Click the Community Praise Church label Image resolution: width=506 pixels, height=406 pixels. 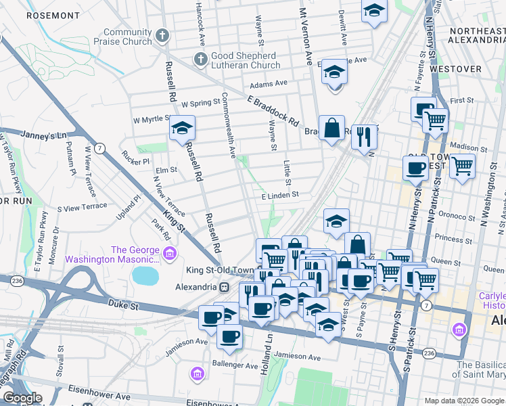(x=127, y=37)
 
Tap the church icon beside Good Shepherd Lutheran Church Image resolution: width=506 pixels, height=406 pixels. (x=200, y=60)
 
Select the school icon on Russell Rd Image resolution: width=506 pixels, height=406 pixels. (x=181, y=129)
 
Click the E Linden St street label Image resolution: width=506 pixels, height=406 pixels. (x=280, y=195)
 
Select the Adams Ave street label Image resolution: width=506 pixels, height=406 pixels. (x=269, y=85)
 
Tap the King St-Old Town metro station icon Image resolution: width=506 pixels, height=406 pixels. (x=224, y=287)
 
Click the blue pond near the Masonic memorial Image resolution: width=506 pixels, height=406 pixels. (x=143, y=275)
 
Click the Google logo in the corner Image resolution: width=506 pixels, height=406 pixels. (x=22, y=398)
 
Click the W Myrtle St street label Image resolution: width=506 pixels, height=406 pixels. (x=152, y=119)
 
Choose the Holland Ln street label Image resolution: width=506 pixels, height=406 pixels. (x=269, y=343)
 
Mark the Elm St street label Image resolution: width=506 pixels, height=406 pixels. (x=166, y=170)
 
